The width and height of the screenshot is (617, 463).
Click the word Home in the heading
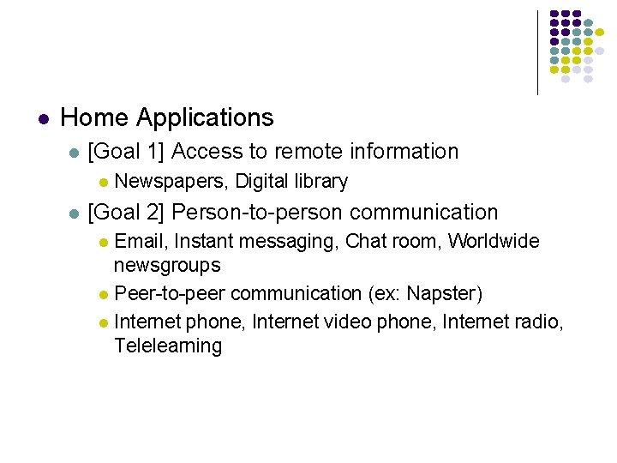[95, 117]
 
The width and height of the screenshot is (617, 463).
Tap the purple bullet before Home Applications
[45, 118]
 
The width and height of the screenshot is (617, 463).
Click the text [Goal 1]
[126, 152]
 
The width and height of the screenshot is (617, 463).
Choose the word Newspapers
[169, 182]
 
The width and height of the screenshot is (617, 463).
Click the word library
[321, 182]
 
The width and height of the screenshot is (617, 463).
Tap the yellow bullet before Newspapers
[103, 183]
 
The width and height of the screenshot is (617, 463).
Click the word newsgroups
[167, 266]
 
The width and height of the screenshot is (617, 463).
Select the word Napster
[440, 294]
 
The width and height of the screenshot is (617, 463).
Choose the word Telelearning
[168, 346]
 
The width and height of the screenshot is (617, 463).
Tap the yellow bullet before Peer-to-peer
[103, 295]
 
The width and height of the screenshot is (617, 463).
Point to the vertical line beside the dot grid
[537, 51]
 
